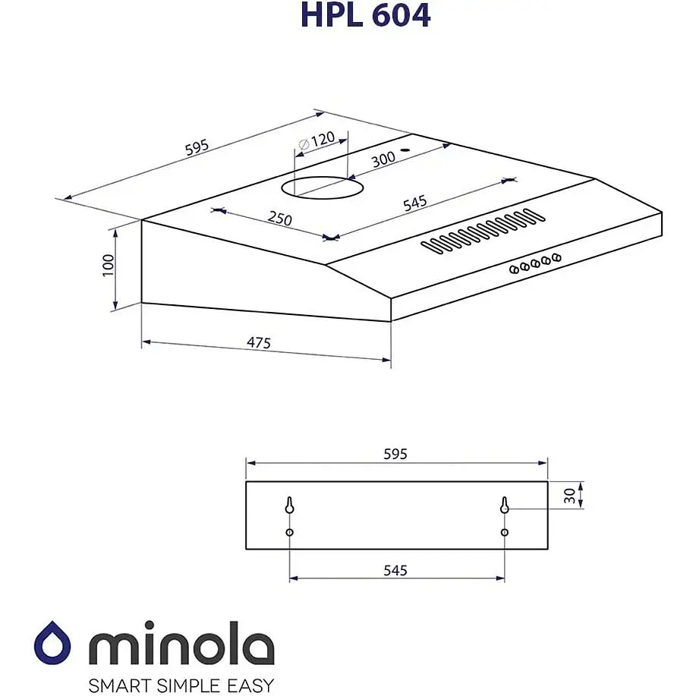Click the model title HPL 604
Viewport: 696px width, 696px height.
coord(365,15)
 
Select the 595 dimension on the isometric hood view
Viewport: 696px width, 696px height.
coord(197,149)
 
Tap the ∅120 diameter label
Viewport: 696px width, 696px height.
coord(317,141)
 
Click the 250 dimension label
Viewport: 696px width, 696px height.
coord(279,218)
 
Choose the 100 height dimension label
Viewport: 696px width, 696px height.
coord(108,265)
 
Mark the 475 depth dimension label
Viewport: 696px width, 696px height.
coord(259,344)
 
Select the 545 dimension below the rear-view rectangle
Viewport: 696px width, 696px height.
coord(395,570)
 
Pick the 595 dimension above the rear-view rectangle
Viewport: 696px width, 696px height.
coord(395,454)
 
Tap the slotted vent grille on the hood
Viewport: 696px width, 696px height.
coord(483,231)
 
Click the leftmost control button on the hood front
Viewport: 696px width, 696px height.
coord(514,269)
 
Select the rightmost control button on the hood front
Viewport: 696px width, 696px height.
coord(557,258)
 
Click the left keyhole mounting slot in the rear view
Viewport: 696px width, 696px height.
coord(290,505)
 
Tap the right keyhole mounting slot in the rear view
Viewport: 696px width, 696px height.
coord(505,505)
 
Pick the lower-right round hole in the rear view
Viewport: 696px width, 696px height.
coord(505,533)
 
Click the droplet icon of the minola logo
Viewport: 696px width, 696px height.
coord(53,644)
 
